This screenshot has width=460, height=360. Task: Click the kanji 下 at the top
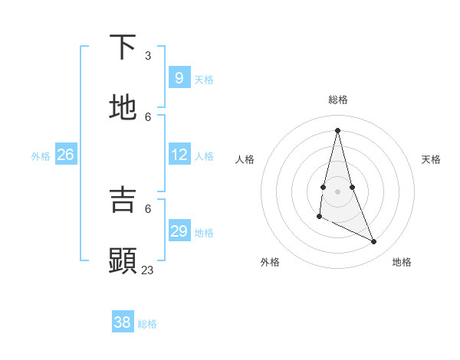tap(123, 47)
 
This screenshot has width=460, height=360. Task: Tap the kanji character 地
tap(123, 108)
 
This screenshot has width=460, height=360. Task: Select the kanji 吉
tap(123, 199)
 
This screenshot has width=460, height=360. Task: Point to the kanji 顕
tap(123, 260)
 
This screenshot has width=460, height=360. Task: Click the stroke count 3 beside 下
tap(148, 55)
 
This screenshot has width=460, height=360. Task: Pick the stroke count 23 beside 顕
tap(147, 270)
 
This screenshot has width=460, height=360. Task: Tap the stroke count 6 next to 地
tap(148, 116)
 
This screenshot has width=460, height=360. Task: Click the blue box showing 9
tap(179, 77)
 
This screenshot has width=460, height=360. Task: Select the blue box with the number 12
tap(179, 155)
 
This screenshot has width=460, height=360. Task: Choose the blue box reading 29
tap(179, 231)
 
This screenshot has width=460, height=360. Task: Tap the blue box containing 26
tap(65, 155)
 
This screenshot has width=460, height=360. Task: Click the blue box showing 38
tap(122, 322)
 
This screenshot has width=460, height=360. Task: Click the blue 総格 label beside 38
tap(147, 324)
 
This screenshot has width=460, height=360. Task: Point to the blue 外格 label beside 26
tap(41, 156)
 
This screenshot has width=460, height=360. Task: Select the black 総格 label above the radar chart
tap(337, 100)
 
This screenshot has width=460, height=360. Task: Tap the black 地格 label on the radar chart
tap(402, 262)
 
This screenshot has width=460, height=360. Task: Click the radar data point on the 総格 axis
tap(337, 129)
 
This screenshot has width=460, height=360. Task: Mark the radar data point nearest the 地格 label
tap(374, 242)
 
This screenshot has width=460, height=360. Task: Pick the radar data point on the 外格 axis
tap(319, 218)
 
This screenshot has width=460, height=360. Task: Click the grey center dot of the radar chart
tap(337, 191)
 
